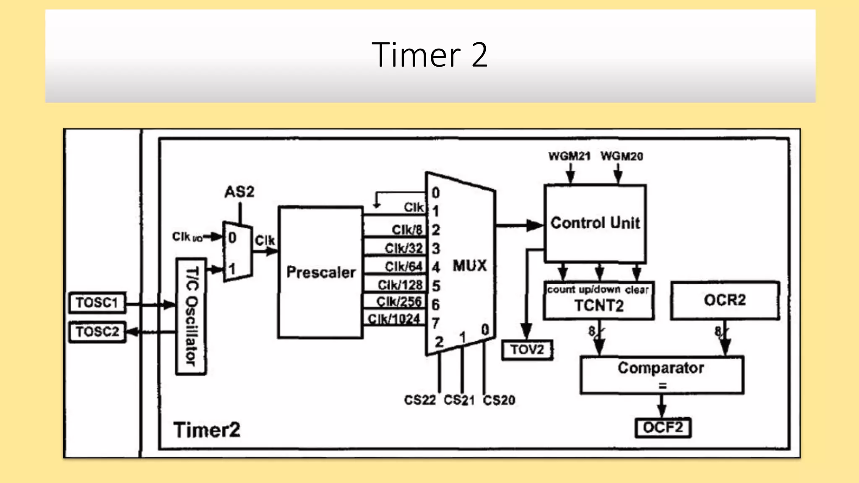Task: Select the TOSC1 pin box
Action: pyautogui.click(x=97, y=303)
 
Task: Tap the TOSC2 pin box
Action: pyautogui.click(x=97, y=332)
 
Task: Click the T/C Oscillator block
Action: pyautogui.click(x=191, y=317)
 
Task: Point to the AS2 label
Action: pyautogui.click(x=239, y=192)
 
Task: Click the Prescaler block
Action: pyautogui.click(x=320, y=273)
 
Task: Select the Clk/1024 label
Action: pyautogui.click(x=394, y=319)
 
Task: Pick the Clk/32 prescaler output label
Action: pyautogui.click(x=403, y=248)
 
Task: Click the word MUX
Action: pyautogui.click(x=470, y=265)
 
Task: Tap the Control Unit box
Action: pyautogui.click(x=595, y=223)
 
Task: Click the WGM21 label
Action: pyautogui.click(x=569, y=156)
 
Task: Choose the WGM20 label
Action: pyautogui.click(x=622, y=156)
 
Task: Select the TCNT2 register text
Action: pyautogui.click(x=599, y=306)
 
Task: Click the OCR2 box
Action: pyautogui.click(x=725, y=300)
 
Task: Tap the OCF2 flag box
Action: pyautogui.click(x=663, y=428)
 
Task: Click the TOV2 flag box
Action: pyautogui.click(x=527, y=349)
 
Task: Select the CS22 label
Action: pyautogui.click(x=420, y=400)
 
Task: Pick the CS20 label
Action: pyautogui.click(x=499, y=400)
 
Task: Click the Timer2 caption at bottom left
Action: pyautogui.click(x=207, y=430)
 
